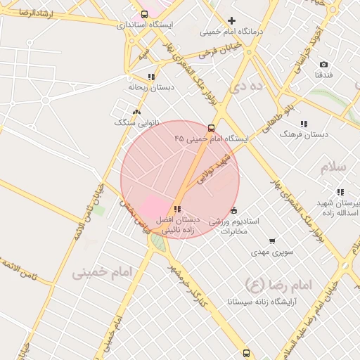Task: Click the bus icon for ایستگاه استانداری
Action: (145, 13)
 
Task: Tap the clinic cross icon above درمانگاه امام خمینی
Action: (231, 20)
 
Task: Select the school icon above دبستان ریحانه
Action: (150, 77)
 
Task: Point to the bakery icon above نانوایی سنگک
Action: (136, 111)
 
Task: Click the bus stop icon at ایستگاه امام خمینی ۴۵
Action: (211, 128)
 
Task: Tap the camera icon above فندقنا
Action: (323, 64)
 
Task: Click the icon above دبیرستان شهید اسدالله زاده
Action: (340, 192)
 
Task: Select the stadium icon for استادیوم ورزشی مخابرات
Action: (233, 210)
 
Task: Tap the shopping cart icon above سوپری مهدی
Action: (271, 240)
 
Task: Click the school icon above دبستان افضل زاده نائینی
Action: (176, 209)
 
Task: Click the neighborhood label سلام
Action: (334, 167)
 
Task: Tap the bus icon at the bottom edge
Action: (245, 353)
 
